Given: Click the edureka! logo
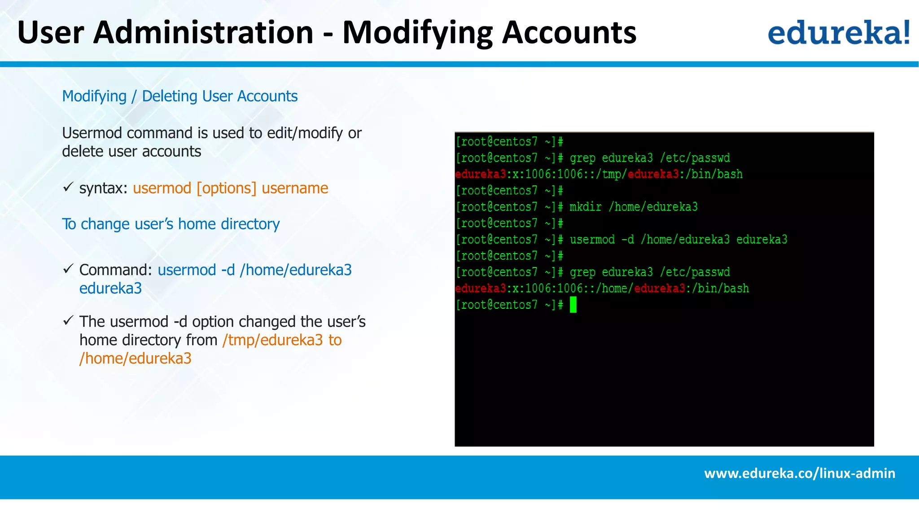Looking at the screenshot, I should point(838,32).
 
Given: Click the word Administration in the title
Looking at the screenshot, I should point(203,32).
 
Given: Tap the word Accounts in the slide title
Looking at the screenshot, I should point(569,32).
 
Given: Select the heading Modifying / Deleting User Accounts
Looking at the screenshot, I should point(179,96).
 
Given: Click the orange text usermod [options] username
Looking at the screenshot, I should point(230,188).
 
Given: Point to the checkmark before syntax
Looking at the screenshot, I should point(68,187).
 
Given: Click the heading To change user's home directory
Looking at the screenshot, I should point(171,224).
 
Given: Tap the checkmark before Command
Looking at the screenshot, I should point(68,269).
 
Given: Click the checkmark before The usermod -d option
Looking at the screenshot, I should point(68,320).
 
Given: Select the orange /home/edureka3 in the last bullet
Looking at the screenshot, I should point(136,359).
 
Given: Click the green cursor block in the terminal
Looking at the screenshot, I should point(573,305).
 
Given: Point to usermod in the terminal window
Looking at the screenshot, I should point(592,240).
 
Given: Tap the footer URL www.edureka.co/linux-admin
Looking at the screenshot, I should point(799,473).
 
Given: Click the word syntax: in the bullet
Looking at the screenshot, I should point(104,188).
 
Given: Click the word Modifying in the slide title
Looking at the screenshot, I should point(417,32).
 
